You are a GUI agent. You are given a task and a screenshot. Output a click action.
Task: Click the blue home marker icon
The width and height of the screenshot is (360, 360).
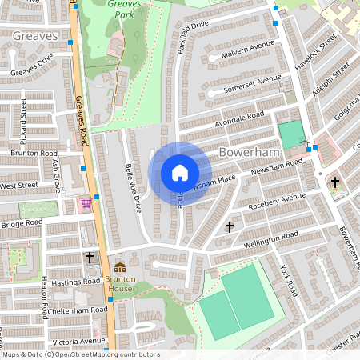point(180,172)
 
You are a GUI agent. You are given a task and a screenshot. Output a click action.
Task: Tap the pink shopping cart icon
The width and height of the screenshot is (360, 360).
point(86,204)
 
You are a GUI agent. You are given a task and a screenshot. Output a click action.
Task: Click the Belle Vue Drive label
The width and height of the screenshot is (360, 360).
point(133,190)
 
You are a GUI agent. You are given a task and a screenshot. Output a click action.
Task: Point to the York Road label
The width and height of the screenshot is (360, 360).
point(287,280)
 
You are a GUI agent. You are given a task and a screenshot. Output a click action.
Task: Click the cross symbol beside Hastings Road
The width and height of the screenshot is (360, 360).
point(89,258)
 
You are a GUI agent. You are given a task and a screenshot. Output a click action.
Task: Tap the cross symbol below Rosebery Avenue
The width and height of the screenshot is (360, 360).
point(230,226)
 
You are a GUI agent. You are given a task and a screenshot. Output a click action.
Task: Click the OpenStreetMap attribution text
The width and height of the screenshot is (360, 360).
point(80,354)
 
